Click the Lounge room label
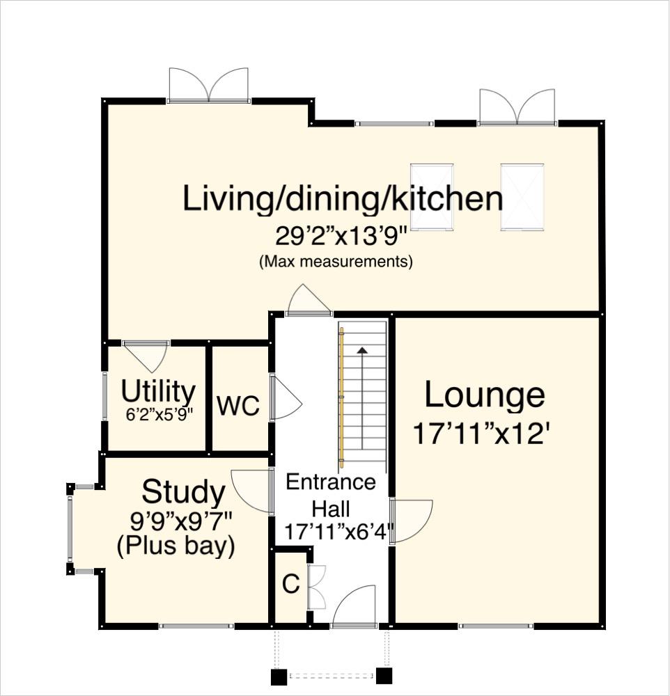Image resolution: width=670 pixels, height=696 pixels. click(485, 395)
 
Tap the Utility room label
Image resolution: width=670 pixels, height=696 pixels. click(158, 392)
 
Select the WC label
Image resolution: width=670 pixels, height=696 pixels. click(238, 406)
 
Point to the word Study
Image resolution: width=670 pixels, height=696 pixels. click(183, 493)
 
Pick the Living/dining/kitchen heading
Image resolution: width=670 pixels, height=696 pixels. click(343, 198)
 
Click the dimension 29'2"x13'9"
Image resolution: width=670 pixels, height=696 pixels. click(341, 237)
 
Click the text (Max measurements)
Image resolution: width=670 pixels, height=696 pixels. click(336, 262)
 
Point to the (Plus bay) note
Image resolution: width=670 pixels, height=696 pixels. click(175, 546)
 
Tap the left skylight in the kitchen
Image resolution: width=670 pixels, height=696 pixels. click(432, 196)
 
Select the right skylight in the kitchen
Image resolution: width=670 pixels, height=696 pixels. click(522, 196)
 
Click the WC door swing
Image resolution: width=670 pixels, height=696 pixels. click(286, 399)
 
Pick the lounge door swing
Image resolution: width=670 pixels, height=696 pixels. click(413, 519)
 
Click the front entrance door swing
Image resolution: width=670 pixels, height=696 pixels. click(355, 606)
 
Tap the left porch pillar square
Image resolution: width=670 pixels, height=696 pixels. click(279, 676)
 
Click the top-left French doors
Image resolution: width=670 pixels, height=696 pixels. click(209, 85)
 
